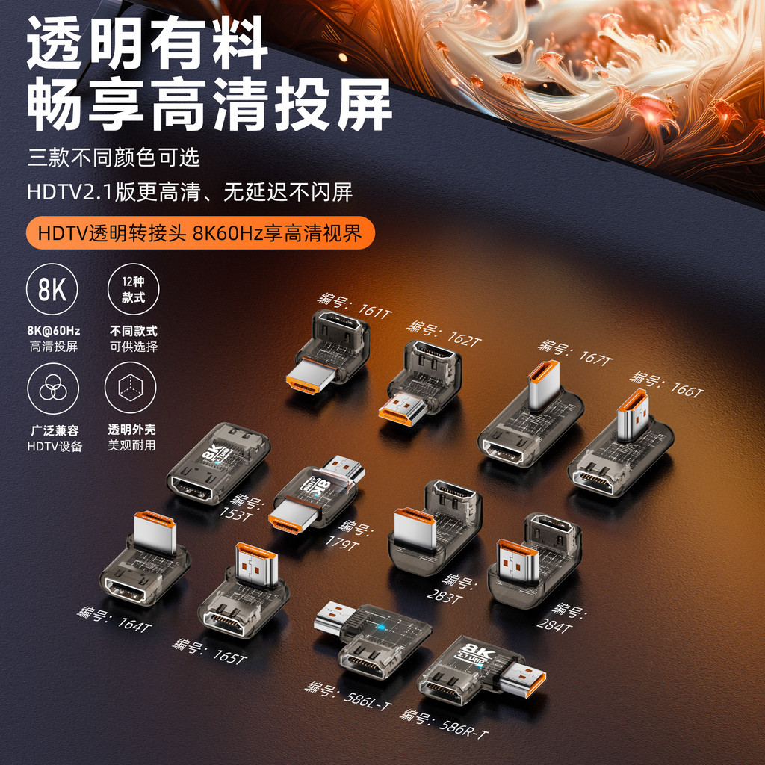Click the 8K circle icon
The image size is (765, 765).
tap(52, 289)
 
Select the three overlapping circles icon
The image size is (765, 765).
tap(52, 388)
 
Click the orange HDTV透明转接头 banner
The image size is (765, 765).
tap(200, 233)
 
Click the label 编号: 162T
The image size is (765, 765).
tap(444, 333)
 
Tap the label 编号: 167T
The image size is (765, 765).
tap(575, 351)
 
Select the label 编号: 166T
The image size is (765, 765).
tap(667, 382)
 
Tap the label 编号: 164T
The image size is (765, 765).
tap(114, 619)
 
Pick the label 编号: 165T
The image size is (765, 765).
tap(209, 651)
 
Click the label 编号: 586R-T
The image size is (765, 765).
tap(444, 724)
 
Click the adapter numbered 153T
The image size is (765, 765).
tap(217, 463)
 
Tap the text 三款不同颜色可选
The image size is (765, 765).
tap(114, 158)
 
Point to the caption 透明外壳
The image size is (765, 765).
tap(131, 430)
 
